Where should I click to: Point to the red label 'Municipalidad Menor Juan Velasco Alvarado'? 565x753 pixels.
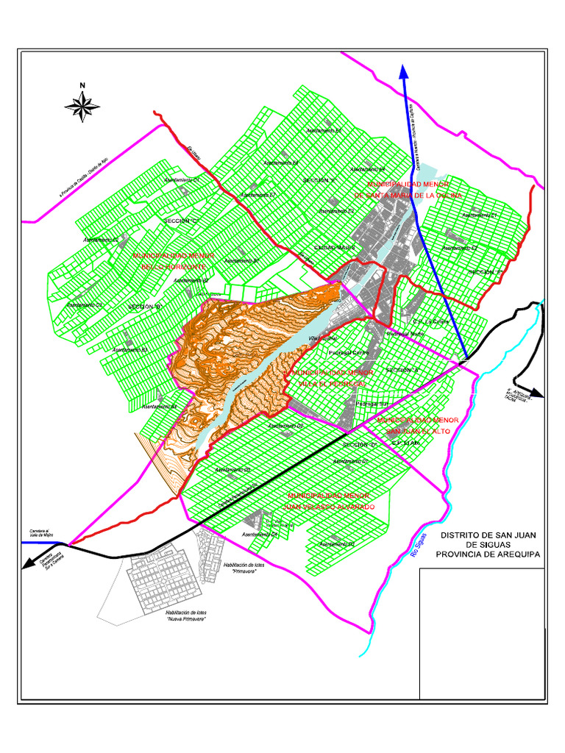[331, 502]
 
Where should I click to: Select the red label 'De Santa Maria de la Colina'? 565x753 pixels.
[408, 196]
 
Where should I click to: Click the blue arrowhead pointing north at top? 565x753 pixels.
[404, 71]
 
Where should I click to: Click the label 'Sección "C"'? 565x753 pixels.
[182, 221]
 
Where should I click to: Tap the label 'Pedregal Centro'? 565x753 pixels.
[349, 353]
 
